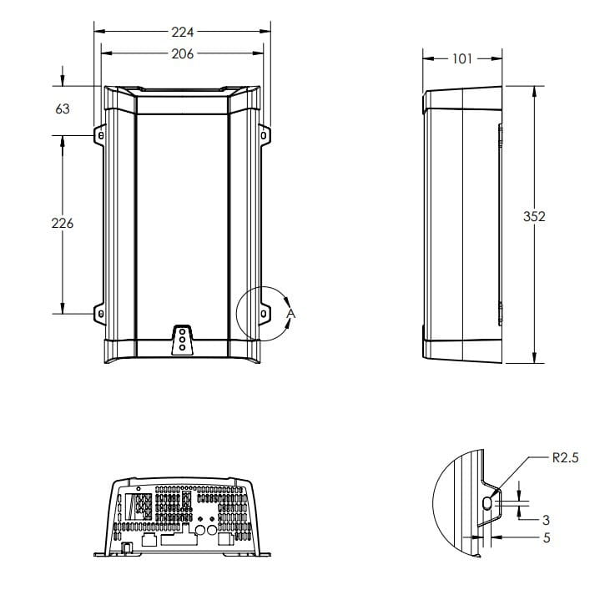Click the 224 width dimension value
(183, 33)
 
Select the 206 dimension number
(183, 53)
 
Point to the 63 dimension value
(63, 108)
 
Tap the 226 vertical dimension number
(63, 223)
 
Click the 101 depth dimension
(462, 59)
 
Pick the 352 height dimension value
(534, 216)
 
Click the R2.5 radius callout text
(565, 457)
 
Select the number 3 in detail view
(546, 520)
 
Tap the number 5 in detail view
(547, 537)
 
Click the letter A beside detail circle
(290, 314)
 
